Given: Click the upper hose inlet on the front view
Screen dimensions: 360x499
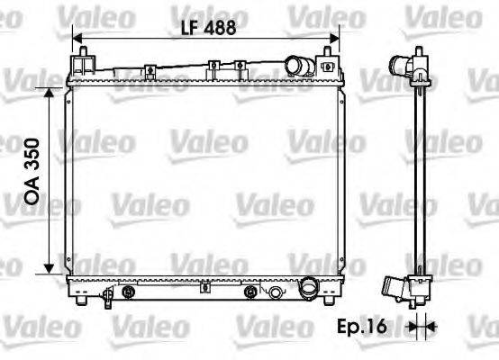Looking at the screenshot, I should pos(296,67).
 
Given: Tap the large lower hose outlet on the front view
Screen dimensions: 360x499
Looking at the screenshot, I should pos(309,291).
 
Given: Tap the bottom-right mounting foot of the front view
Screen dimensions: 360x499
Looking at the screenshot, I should pos(329,301).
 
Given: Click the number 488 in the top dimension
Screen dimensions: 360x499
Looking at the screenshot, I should pos(218,27).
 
